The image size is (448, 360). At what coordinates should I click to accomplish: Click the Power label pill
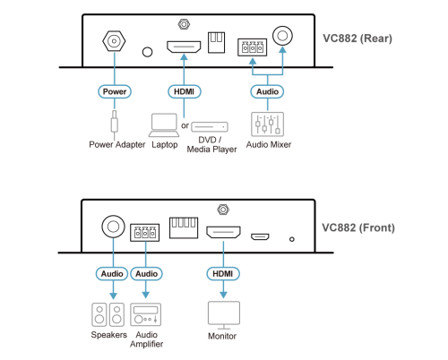point(115,91)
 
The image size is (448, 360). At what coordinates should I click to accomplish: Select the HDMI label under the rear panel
point(184,91)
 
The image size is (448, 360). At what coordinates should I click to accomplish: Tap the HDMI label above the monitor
point(223,274)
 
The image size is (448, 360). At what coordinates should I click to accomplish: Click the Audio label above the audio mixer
point(267,91)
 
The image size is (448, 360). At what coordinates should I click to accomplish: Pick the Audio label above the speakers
point(112,274)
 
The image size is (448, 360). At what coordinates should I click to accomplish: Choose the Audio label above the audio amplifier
point(146,274)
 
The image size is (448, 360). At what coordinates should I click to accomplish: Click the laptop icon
point(164,125)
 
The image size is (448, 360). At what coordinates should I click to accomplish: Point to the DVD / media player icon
point(210,127)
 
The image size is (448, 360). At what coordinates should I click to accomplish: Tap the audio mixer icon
point(267,124)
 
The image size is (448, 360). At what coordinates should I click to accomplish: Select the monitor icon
point(224,314)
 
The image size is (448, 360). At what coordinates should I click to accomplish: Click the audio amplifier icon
point(146,314)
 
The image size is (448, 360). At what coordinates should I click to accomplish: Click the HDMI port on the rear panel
point(184,47)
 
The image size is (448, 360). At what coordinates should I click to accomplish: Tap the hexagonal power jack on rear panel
point(114,41)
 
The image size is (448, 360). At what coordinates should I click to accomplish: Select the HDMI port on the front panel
point(223,232)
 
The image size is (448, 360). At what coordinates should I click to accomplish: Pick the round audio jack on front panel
point(113,227)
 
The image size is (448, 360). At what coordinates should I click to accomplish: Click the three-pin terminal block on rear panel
point(253,47)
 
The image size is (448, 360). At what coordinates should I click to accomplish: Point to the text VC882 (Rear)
point(358,39)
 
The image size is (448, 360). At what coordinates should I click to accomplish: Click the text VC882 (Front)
point(358,227)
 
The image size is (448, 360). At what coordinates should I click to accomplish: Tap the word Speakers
point(109,335)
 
